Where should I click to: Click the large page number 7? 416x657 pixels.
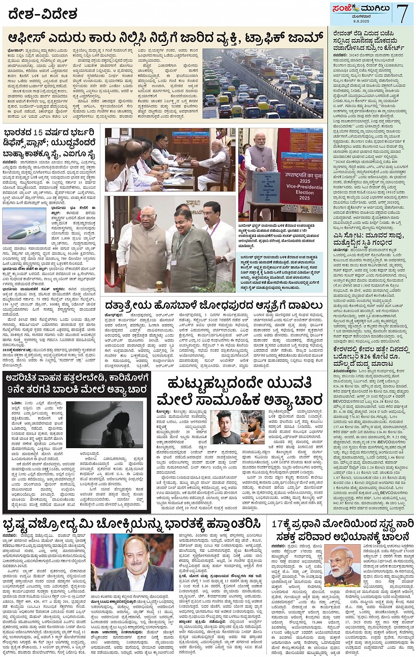click(402, 13)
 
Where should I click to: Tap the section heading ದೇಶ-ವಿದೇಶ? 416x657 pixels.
click(42, 14)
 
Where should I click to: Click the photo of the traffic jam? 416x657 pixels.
click(263, 83)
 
